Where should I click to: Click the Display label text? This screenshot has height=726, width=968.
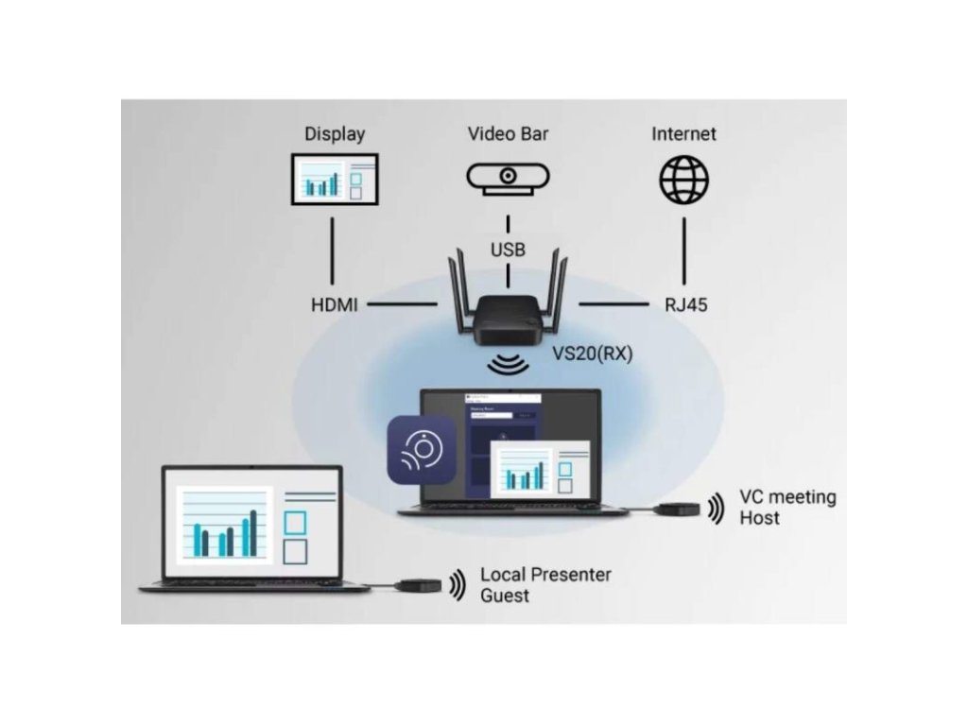(x=334, y=134)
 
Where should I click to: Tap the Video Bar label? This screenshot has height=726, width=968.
(x=508, y=133)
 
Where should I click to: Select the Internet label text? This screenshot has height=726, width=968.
(x=683, y=133)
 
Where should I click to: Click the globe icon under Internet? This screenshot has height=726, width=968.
(x=683, y=179)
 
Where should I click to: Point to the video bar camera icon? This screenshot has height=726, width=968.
(x=508, y=178)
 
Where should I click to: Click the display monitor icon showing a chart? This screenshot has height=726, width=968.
(x=334, y=179)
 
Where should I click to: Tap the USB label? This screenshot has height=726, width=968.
(x=508, y=251)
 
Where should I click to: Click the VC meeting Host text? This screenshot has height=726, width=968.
(x=786, y=508)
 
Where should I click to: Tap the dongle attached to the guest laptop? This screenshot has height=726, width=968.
(x=419, y=585)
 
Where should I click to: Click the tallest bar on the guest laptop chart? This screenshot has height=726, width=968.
(x=252, y=533)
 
